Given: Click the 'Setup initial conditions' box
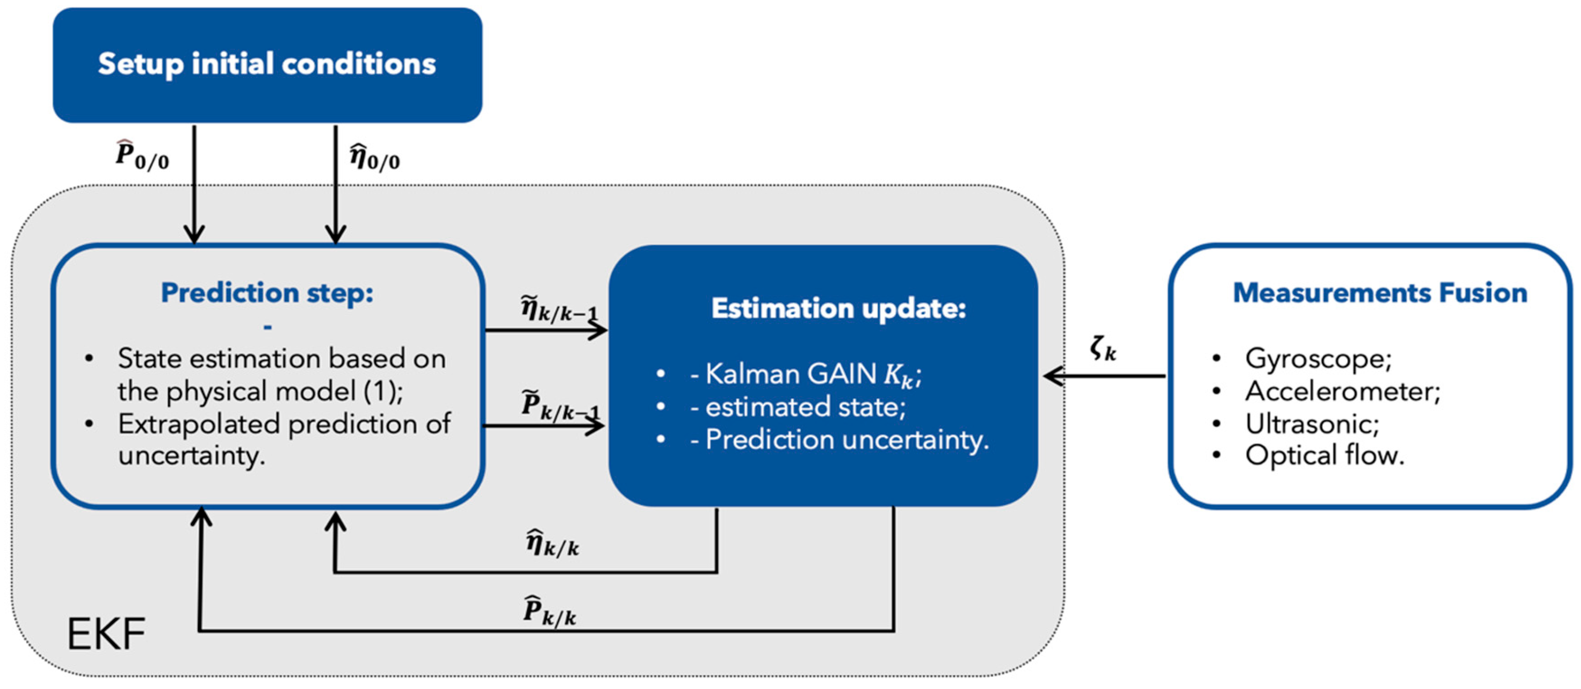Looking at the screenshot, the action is coord(268,65).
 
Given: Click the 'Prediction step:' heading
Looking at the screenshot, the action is coord(267,293).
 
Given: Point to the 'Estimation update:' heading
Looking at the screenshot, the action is coord(839,308).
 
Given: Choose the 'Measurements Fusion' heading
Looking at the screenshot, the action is coord(1380,293).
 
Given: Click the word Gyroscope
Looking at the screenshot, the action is coord(1318,359).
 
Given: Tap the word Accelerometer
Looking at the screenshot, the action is coord(1342,391).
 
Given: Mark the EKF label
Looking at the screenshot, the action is coord(106,634).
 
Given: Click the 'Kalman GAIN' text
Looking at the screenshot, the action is coord(790,374).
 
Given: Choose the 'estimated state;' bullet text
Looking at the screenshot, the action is coord(805,406).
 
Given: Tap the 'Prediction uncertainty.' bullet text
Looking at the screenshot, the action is coord(847,439).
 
